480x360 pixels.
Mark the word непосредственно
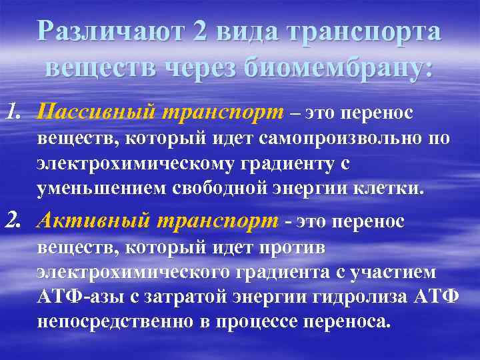pos(112,322)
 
